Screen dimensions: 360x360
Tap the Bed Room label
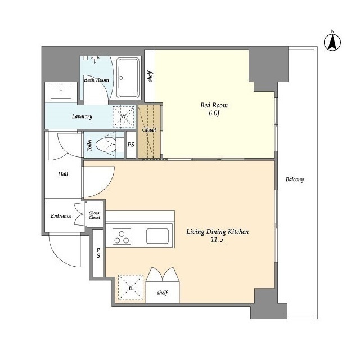click(x=214, y=105)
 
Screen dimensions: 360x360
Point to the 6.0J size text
click(x=214, y=114)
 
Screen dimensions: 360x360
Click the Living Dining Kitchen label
click(x=217, y=232)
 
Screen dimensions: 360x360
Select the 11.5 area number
click(x=217, y=240)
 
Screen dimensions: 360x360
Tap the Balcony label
click(x=295, y=179)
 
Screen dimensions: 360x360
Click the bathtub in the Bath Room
click(x=128, y=78)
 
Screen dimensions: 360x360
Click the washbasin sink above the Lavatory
click(x=61, y=91)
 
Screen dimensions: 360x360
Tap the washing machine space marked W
click(x=124, y=116)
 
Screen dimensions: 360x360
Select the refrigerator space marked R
click(x=130, y=287)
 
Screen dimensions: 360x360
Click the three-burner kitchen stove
click(x=121, y=236)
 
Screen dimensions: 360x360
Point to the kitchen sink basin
click(x=157, y=236)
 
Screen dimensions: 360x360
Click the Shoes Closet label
click(x=94, y=215)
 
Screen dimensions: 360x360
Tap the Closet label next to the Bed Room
click(x=149, y=130)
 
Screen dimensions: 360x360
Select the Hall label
click(x=63, y=174)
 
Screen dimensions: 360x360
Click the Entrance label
click(x=61, y=216)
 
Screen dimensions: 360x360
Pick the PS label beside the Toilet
click(x=131, y=145)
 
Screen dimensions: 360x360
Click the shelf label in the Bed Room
click(x=150, y=76)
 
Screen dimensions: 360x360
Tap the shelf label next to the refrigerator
click(x=163, y=292)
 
